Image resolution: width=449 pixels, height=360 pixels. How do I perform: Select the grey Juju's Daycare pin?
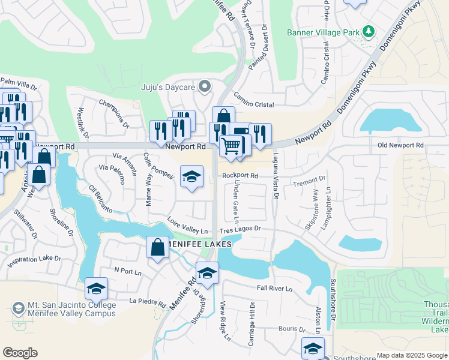click(x=205, y=87)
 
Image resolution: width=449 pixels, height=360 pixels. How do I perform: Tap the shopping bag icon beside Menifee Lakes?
click(x=157, y=247)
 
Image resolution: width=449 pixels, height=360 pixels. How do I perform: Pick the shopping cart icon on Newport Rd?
click(x=231, y=145)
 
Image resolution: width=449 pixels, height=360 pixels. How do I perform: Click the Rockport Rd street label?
click(x=240, y=176)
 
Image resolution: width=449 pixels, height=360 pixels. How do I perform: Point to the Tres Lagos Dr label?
click(x=240, y=229)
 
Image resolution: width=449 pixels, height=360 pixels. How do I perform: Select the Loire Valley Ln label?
click(x=187, y=226)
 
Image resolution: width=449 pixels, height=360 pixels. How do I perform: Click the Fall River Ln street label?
click(x=274, y=289)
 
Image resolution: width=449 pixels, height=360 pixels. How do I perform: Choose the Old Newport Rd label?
click(x=400, y=145)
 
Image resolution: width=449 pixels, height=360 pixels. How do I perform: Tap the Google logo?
click(x=20, y=353)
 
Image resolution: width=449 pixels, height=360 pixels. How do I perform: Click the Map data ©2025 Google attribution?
click(x=411, y=355)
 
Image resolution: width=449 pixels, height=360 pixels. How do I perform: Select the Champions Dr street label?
click(x=114, y=113)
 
